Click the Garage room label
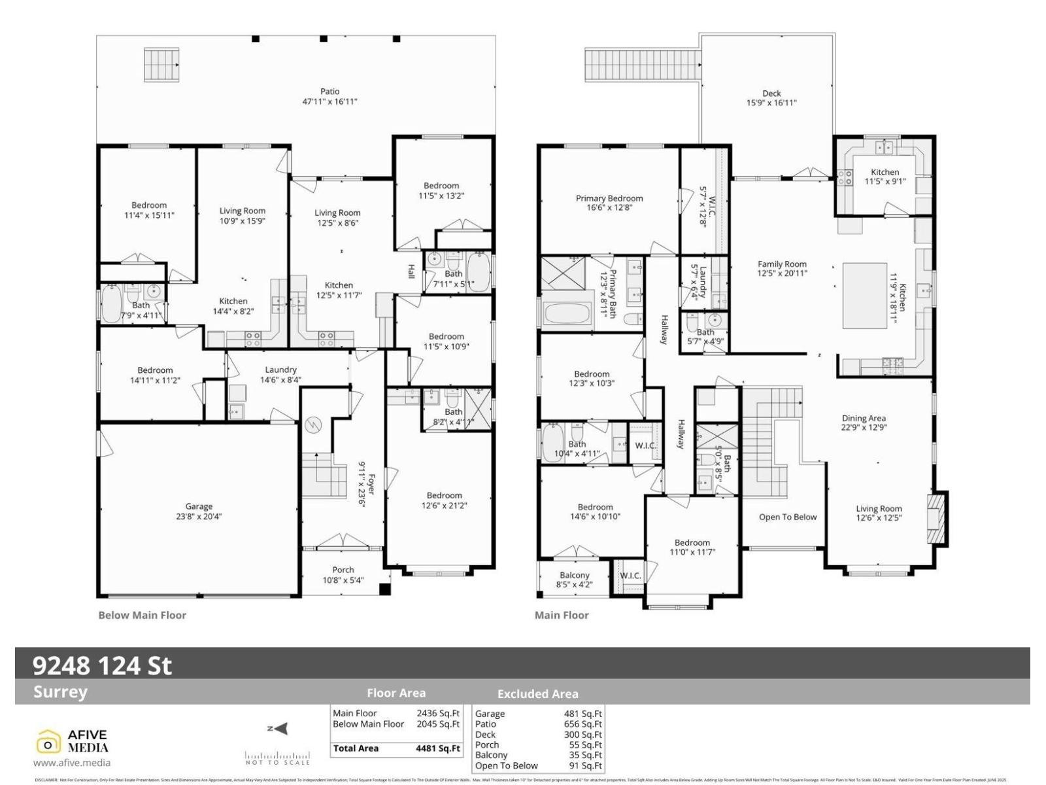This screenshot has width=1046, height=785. (x=199, y=506)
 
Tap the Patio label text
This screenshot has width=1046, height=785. (x=329, y=92)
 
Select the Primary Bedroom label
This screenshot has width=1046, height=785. (x=609, y=198)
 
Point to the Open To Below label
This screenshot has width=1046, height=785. (x=787, y=517)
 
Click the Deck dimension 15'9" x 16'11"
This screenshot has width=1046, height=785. (x=771, y=103)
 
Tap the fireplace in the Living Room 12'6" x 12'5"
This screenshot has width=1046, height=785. (x=937, y=517)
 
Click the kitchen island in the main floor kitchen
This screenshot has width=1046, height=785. (x=864, y=295)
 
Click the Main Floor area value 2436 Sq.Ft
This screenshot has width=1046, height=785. (x=438, y=714)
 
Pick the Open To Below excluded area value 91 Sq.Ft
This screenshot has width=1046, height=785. (x=584, y=765)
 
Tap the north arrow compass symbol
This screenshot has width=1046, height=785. (x=278, y=729)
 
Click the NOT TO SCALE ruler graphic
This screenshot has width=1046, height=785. (x=277, y=758)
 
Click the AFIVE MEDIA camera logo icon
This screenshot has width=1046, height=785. (x=48, y=743)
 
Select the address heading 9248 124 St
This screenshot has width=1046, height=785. (x=103, y=665)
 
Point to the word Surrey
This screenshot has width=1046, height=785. (x=60, y=692)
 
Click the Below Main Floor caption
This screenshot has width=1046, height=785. (x=142, y=615)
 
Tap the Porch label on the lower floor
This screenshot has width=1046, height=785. (x=343, y=570)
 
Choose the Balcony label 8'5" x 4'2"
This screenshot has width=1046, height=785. (x=574, y=580)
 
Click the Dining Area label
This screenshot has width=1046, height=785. (x=863, y=418)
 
